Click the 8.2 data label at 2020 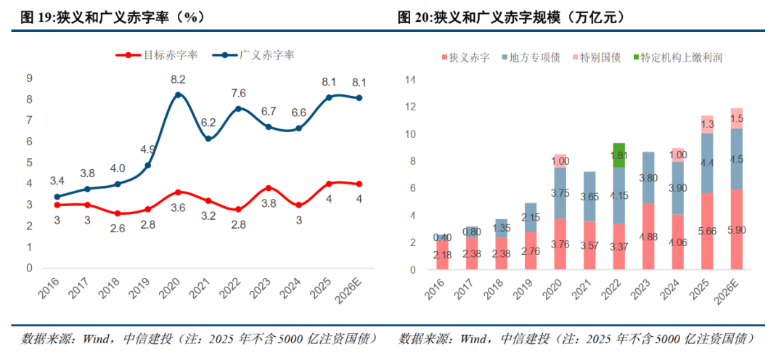point(178,79)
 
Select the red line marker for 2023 point(269,188)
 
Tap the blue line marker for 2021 point(208,139)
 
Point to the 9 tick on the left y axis point(30,78)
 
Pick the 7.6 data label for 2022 point(238,92)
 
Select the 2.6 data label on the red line point(117,228)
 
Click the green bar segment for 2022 point(619,155)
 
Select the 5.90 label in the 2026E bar point(716,231)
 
